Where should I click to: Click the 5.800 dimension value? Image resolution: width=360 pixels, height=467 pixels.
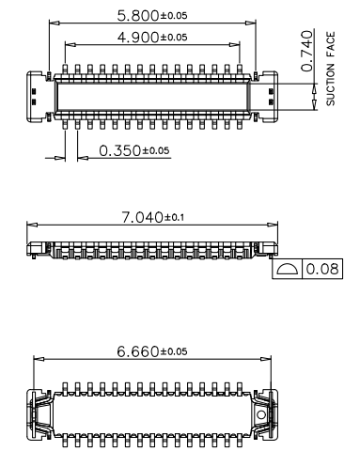[x=138, y=16]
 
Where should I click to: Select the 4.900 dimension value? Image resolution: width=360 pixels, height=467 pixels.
[x=138, y=38]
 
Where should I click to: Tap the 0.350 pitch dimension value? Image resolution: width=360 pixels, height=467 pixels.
[x=120, y=150]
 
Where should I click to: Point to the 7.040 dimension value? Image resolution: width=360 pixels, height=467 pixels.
[x=142, y=217]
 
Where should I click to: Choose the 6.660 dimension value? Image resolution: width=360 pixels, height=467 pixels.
[x=138, y=351]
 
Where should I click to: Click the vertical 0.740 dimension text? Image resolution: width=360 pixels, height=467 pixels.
[x=307, y=51]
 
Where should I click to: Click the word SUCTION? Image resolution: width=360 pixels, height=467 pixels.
[x=331, y=85]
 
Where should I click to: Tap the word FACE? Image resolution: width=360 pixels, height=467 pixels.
[x=331, y=44]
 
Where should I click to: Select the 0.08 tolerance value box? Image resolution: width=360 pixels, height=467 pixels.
[x=322, y=269]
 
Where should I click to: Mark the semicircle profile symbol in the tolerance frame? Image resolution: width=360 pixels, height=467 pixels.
[x=288, y=269]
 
